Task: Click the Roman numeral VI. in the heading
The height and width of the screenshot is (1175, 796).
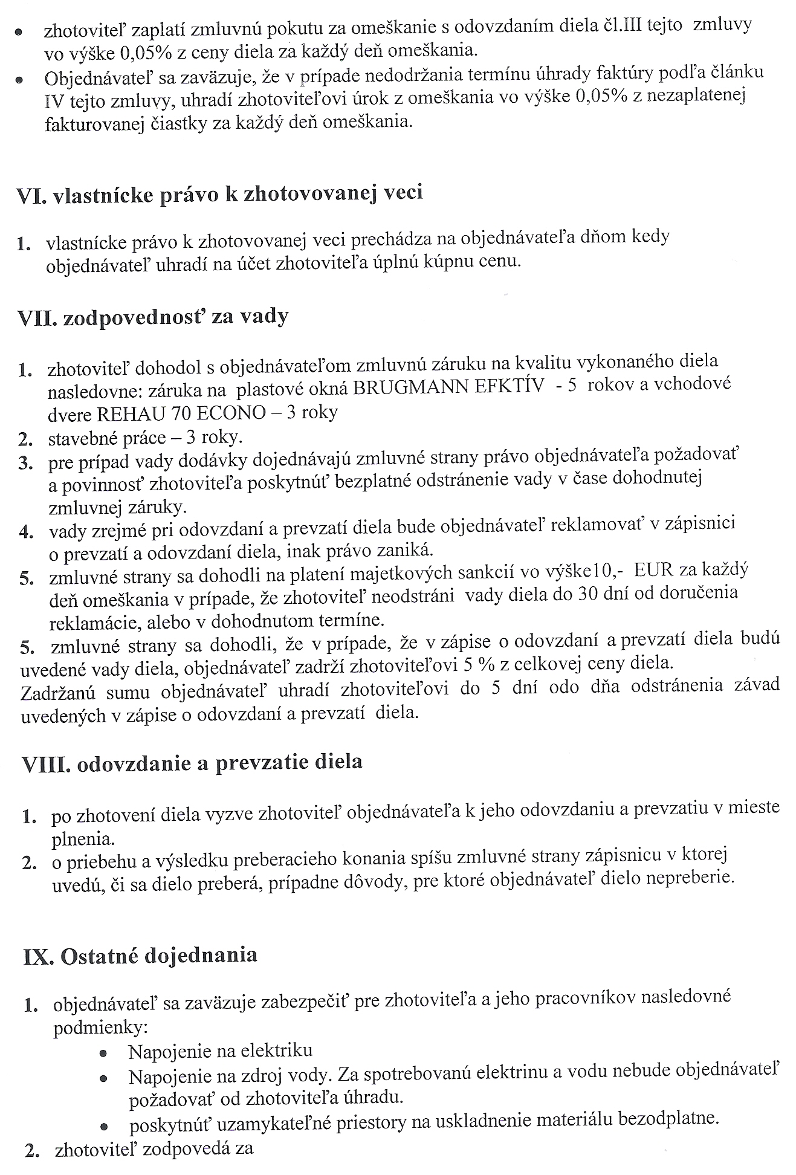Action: [x=32, y=195]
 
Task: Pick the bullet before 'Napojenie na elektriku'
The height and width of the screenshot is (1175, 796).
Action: [x=103, y=1052]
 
